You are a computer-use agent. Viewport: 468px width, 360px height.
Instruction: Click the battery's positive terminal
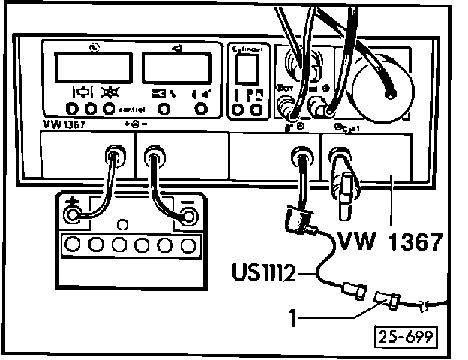pyautogui.click(x=73, y=216)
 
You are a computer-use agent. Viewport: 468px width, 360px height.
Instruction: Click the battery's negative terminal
pyautogui.click(x=184, y=217)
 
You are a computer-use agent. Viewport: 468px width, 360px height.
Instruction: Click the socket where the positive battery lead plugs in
pyautogui.click(x=113, y=156)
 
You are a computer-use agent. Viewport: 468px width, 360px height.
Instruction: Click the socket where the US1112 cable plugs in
pyautogui.click(x=300, y=157)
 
